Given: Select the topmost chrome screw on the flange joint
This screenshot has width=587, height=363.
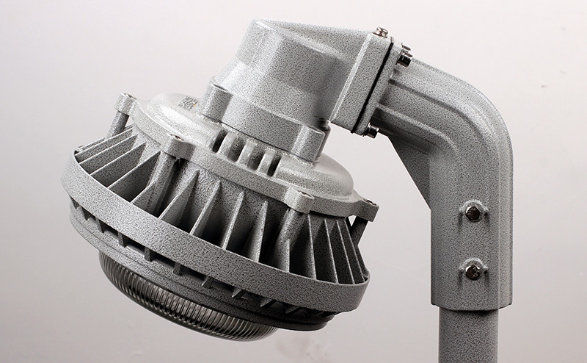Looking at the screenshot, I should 381,32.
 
